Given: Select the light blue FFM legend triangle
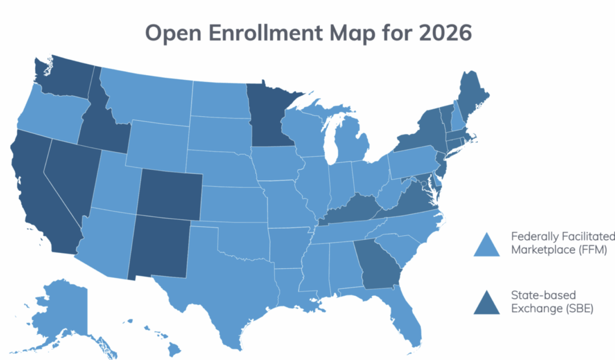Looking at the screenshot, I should (x=487, y=244).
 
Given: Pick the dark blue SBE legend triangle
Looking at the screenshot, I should (x=487, y=302).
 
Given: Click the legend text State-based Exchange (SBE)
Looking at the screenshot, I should (x=544, y=302).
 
